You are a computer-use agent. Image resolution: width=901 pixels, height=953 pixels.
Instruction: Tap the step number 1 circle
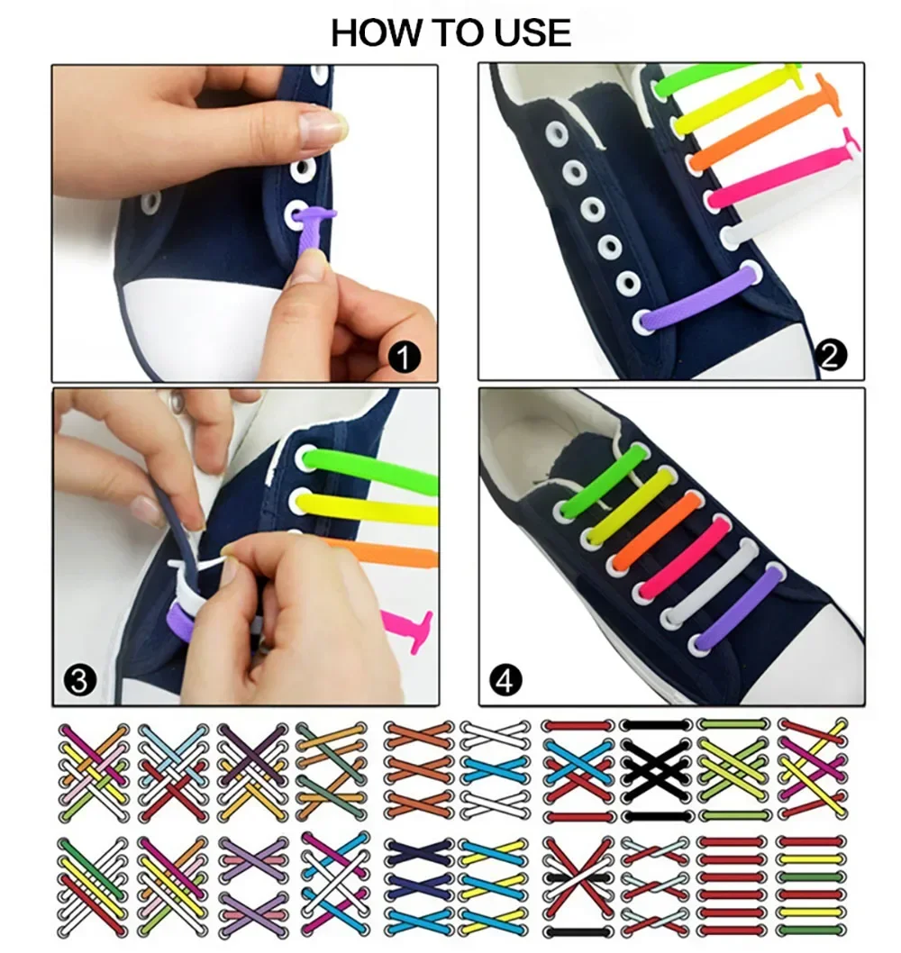pos(405,359)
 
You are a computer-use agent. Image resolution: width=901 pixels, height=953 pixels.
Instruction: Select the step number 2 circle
pos(832,358)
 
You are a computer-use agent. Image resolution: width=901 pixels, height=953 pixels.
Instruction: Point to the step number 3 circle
pos(78,680)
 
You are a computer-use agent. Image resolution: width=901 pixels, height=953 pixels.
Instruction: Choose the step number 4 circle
pos(505,680)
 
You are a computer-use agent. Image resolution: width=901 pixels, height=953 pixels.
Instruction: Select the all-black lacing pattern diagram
pos(657,770)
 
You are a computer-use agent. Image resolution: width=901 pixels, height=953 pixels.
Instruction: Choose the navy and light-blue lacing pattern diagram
pos(419,887)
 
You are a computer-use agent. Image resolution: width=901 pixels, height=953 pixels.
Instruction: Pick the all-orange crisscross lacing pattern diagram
pos(418,770)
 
